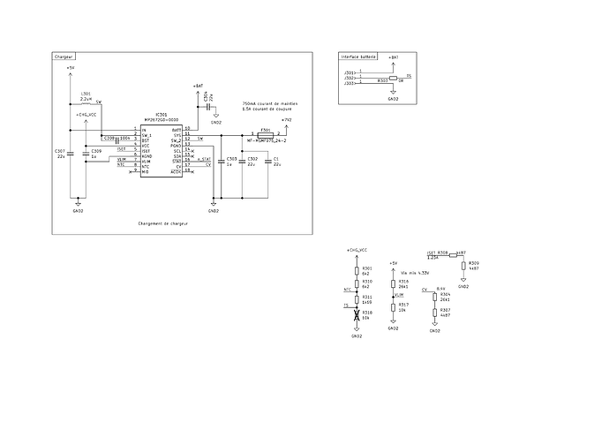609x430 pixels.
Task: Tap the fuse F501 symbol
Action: [265, 134]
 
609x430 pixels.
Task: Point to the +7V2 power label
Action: [285, 117]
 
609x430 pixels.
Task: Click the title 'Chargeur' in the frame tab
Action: [64, 56]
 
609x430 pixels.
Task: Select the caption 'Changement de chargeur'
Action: [164, 223]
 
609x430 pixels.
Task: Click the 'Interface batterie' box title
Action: [359, 56]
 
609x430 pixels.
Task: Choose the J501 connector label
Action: [349, 72]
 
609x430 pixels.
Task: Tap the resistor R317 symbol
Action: [393, 306]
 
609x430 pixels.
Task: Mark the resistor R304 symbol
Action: [434, 297]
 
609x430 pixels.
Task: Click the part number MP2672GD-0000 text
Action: [162, 120]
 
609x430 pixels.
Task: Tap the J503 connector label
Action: [349, 84]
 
